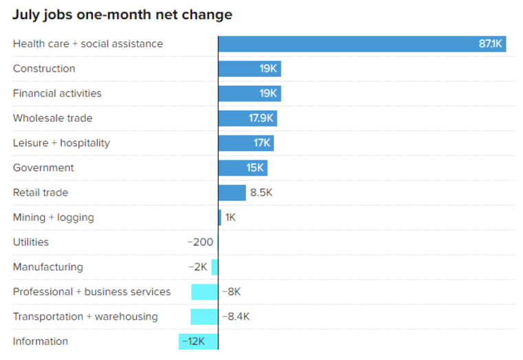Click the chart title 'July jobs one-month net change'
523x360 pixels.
(x=122, y=15)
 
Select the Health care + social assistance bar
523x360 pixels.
(x=362, y=43)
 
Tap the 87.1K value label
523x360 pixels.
(x=490, y=43)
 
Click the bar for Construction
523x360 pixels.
(x=250, y=69)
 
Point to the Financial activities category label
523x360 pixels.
(x=57, y=94)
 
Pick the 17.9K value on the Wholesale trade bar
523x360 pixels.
(x=261, y=118)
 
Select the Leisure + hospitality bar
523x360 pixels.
(x=246, y=143)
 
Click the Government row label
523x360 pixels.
(x=43, y=168)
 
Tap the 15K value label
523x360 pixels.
(x=255, y=168)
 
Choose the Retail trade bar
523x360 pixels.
(x=232, y=193)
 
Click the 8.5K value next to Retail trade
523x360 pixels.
(x=261, y=193)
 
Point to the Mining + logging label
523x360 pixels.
(x=54, y=218)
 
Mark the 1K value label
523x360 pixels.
(x=231, y=218)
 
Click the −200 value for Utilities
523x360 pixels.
(x=200, y=242)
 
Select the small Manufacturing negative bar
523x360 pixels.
(x=215, y=267)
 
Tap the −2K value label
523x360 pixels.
(x=198, y=267)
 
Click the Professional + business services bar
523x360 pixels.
(x=205, y=292)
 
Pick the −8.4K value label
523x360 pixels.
(x=236, y=317)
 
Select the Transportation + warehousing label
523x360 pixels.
(x=85, y=317)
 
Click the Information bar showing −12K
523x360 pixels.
(x=198, y=341)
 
